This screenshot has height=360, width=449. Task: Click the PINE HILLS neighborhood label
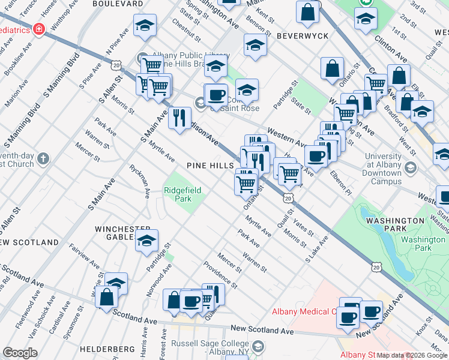pos(209,165)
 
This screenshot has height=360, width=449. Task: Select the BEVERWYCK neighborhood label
pos(303,36)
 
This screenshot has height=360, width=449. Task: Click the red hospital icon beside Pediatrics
pos(40,28)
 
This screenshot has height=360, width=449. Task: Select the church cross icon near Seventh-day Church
pos(42,159)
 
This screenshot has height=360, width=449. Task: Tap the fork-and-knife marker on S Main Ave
pos(178,117)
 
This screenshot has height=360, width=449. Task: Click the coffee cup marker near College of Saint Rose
pos(216,95)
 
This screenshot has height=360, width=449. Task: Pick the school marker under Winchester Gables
pos(146,241)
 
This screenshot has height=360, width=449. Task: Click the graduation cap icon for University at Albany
pos(411,167)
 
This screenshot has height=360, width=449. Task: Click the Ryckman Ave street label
pos(139,180)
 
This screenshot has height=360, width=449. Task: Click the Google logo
pos(20,352)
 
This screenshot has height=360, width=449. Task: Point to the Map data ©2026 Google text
pos(411,355)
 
